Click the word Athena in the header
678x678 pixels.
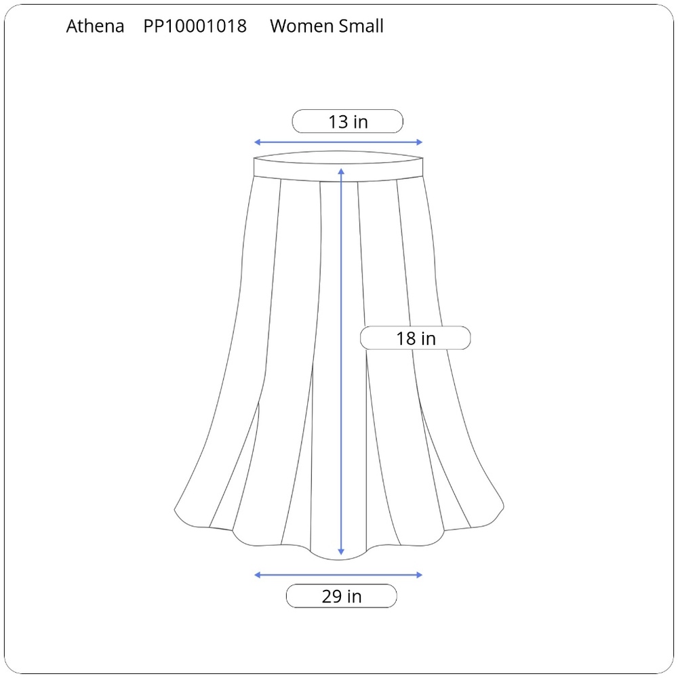(95, 26)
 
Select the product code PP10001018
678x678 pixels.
(195, 26)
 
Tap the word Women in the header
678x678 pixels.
(302, 26)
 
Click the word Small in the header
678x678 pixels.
(361, 26)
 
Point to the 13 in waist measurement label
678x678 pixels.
(348, 121)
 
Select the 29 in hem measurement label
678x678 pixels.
(342, 596)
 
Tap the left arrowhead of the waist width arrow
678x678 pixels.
(257, 142)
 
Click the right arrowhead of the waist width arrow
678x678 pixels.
(420, 142)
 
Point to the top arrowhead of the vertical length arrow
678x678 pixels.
(341, 172)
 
